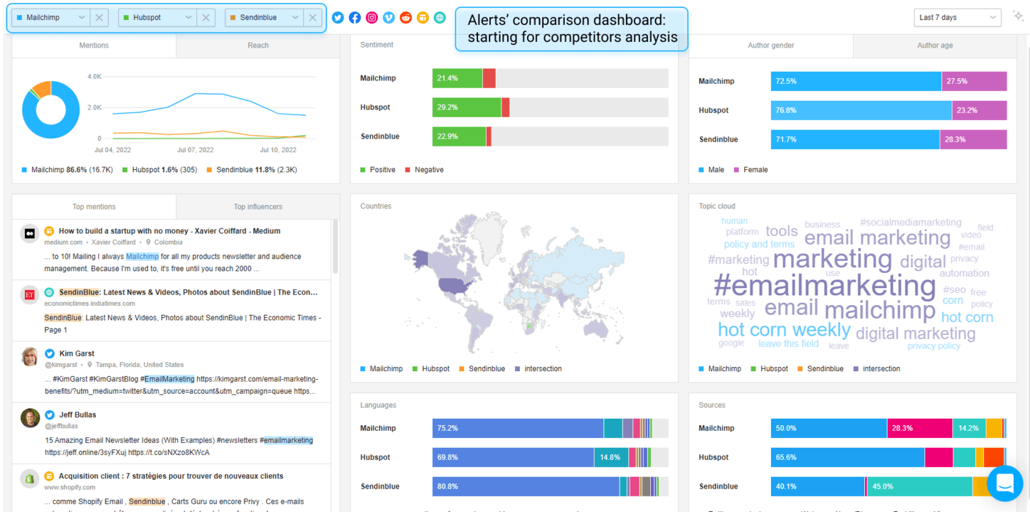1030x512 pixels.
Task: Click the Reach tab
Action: point(257,46)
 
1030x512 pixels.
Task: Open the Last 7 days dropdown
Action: point(956,18)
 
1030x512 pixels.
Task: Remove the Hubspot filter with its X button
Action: point(206,18)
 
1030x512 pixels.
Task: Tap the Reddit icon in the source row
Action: point(405,18)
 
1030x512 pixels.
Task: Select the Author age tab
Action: point(935,46)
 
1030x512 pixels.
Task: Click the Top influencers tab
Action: point(257,207)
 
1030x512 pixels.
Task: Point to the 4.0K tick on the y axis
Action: point(94,77)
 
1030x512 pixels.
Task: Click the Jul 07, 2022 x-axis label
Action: point(195,150)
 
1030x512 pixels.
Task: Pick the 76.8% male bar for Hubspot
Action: point(861,110)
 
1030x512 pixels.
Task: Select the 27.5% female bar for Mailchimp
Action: point(974,81)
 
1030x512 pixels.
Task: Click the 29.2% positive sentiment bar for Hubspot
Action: point(466,107)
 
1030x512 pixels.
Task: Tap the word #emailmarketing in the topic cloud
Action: point(824,286)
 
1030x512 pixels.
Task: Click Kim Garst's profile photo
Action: point(30,357)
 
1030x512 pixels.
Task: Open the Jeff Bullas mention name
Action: point(78,415)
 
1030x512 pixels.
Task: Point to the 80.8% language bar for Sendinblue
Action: point(525,486)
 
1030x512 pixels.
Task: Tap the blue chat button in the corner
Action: point(1004,484)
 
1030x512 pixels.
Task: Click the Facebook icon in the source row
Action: point(354,18)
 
